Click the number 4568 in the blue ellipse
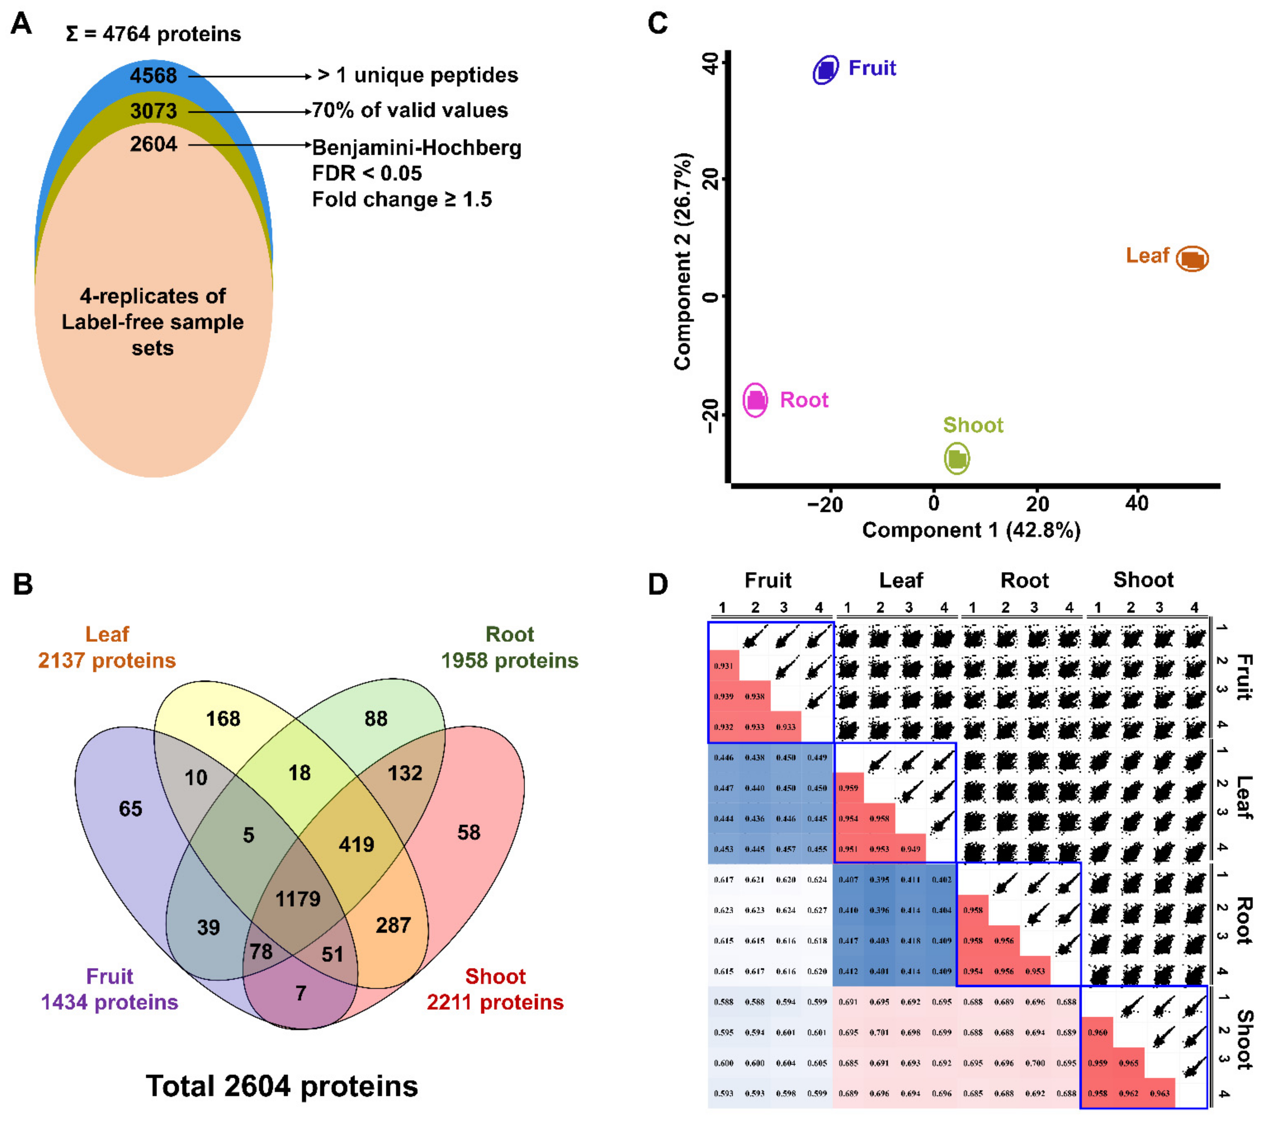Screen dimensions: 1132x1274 coord(153,76)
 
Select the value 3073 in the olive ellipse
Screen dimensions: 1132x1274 coord(153,112)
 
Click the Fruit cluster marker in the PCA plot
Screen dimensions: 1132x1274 coord(826,70)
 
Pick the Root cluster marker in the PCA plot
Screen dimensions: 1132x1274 coord(755,400)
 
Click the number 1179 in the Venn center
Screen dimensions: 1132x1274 coord(298,899)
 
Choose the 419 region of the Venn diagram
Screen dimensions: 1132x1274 coord(356,845)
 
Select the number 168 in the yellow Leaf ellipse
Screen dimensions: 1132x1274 coord(223,719)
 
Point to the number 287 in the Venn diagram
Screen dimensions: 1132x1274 coord(393,925)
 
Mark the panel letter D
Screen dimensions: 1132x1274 coord(658,584)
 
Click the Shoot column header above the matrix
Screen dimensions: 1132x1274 coord(1143,580)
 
